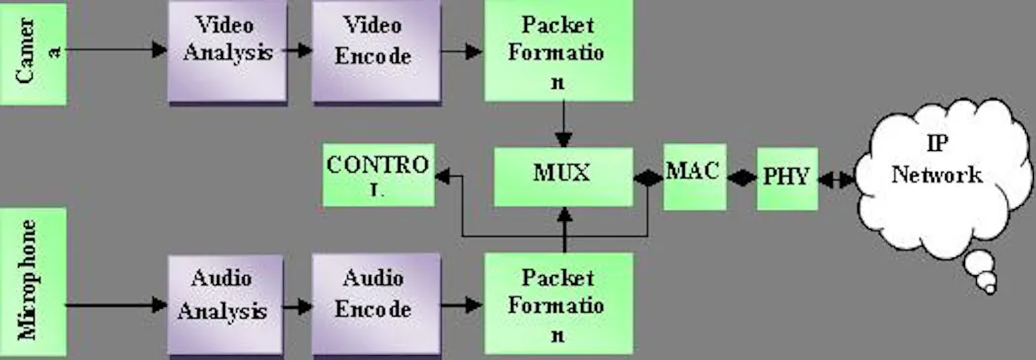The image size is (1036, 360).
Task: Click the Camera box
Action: [x=33, y=54]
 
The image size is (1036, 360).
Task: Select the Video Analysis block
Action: [x=227, y=51]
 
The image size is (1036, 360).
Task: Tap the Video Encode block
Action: [x=376, y=51]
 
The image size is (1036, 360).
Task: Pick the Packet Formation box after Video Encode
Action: [x=558, y=51]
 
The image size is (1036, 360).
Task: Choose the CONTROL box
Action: [x=379, y=175]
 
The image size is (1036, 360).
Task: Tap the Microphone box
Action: [x=33, y=282]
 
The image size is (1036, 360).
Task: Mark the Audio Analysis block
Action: [x=225, y=306]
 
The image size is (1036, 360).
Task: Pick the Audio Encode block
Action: [x=376, y=305]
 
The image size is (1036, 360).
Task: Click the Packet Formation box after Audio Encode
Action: [x=558, y=304]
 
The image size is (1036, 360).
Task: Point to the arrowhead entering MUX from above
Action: [x=563, y=139]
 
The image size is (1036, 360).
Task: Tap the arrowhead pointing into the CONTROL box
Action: [x=442, y=177]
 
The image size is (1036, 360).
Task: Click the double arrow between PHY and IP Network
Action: [x=837, y=179]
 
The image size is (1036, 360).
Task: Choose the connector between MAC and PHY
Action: [x=741, y=178]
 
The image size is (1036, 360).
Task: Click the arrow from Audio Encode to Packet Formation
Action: [x=463, y=305]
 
